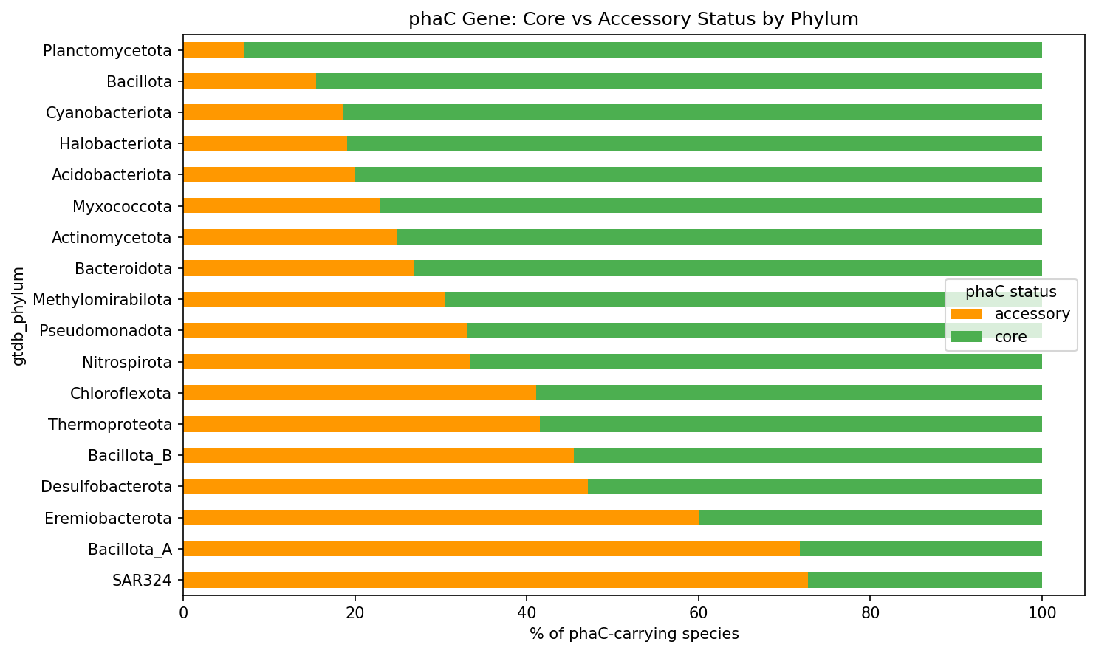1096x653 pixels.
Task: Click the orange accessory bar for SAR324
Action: pos(495,580)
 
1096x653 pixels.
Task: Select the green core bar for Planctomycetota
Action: pos(643,50)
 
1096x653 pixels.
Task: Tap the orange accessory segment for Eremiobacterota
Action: pos(440,518)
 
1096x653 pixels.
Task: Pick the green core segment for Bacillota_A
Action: pos(920,549)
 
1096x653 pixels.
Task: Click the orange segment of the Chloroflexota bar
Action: pos(359,393)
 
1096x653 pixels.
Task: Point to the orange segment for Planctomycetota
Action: pos(213,50)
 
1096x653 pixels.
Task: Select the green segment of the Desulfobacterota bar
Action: pos(815,487)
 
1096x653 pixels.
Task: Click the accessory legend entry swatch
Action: pos(966,314)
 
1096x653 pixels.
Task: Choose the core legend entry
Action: pos(1010,337)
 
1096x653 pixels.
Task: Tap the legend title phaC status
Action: pos(1010,292)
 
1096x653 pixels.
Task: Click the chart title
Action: pos(633,19)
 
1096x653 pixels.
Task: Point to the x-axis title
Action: pos(633,634)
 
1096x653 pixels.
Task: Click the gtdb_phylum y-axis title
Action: pos(18,315)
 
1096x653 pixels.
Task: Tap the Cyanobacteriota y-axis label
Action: pos(109,113)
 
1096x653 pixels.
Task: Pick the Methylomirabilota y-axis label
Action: pos(102,300)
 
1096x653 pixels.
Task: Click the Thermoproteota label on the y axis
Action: pos(110,425)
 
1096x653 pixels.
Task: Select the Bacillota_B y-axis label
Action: pos(130,456)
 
